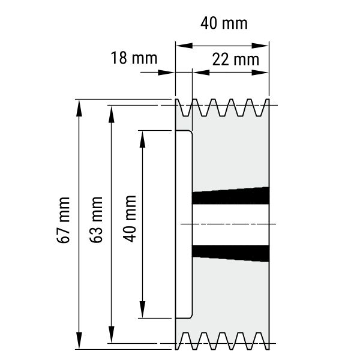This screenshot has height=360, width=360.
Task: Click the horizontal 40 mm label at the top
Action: coord(224,23)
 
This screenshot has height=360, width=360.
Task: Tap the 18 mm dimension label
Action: coord(134,58)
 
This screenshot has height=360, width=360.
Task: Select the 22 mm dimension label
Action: coord(236,59)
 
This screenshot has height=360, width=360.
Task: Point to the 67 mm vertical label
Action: coord(64,220)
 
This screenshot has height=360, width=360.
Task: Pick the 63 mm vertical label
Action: coord(96,220)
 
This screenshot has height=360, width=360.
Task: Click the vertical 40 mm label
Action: coord(130,219)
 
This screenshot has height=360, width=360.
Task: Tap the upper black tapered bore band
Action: coord(231,196)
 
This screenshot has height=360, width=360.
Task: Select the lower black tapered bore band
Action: coord(231,253)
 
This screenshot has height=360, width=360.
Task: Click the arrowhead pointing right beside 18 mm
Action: coord(166,73)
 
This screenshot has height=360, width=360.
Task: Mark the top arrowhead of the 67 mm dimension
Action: coord(79,108)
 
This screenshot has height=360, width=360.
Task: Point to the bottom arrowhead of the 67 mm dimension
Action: coord(79,340)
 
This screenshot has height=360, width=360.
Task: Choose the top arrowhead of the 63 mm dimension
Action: coord(112,114)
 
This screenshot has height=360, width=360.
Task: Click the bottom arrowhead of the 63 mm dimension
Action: coord(112,335)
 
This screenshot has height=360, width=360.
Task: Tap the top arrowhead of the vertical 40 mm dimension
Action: coord(143,139)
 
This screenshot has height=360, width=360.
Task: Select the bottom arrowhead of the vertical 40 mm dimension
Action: coord(143,310)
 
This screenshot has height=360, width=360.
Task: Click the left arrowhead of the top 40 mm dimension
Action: coord(184,46)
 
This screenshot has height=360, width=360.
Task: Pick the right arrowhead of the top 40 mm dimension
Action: coord(260,46)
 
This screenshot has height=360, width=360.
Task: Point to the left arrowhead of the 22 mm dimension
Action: coord(201,73)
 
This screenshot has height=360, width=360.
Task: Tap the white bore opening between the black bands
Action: coord(231,224)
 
